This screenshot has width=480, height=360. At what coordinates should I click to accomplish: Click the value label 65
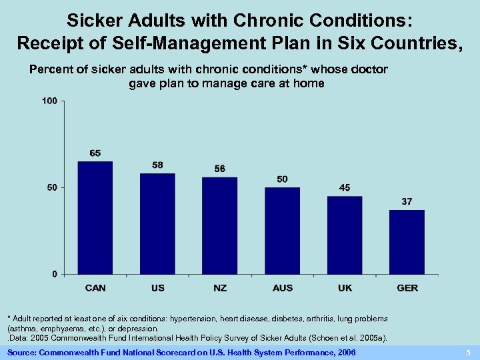[95, 153]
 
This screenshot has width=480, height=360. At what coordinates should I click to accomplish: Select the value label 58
[157, 165]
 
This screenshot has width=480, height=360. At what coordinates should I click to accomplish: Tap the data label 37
[407, 201]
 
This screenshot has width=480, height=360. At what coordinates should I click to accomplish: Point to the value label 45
[345, 188]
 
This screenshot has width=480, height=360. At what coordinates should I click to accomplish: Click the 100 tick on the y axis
[50, 101]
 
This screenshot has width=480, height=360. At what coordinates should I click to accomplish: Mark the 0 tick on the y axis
[55, 274]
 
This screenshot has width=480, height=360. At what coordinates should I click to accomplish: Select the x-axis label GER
[407, 288]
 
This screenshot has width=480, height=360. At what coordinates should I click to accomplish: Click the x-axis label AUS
[283, 288]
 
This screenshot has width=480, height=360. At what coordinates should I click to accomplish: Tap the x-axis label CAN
[95, 288]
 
